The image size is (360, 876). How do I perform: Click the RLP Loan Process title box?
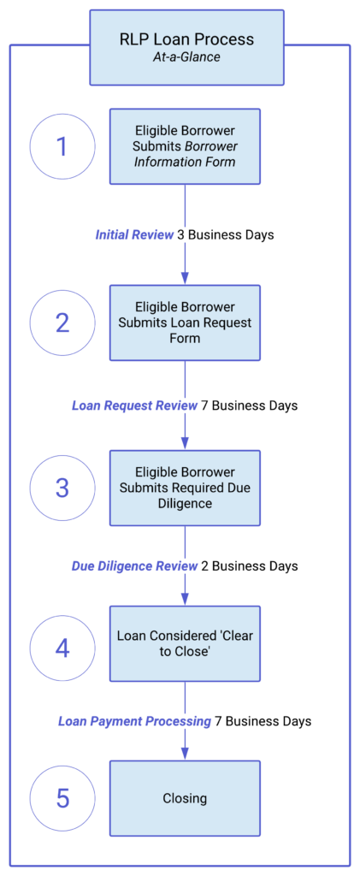click(186, 47)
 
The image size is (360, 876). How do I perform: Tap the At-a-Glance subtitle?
click(186, 57)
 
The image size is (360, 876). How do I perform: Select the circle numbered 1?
click(62, 146)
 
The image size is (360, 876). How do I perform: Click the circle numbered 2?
click(62, 323)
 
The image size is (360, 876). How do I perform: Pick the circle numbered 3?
click(62, 488)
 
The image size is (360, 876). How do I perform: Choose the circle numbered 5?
click(62, 798)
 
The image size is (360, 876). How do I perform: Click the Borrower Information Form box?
click(185, 146)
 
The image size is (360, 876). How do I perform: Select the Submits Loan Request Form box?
click(185, 323)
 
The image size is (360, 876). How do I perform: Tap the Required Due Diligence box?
click(185, 488)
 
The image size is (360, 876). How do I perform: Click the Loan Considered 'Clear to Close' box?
click(185, 643)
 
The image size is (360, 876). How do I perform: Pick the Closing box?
click(185, 798)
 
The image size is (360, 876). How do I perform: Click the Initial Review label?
click(134, 234)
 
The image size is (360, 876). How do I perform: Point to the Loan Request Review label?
click(134, 405)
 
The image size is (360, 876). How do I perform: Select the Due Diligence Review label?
click(134, 566)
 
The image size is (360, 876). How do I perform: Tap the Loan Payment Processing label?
click(134, 721)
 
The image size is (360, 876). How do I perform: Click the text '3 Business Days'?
click(226, 234)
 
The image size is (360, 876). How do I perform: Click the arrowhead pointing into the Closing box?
click(185, 755)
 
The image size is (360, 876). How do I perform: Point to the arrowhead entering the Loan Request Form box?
click(185, 279)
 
